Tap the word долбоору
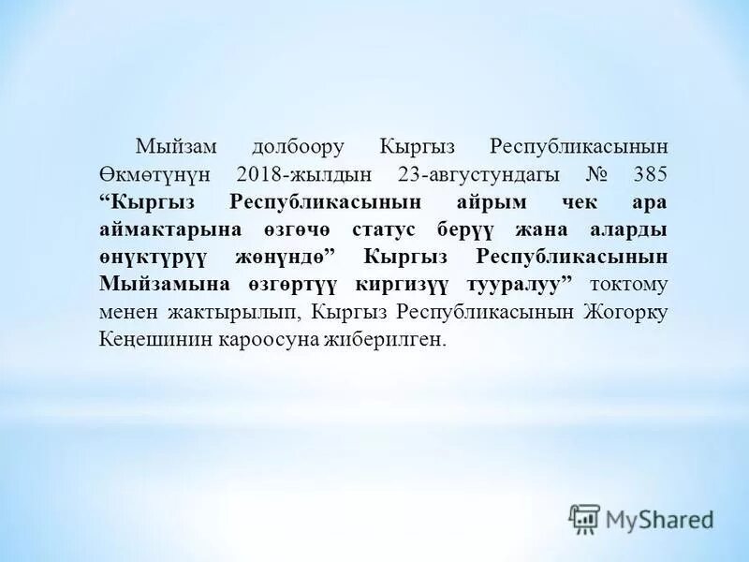click(x=298, y=147)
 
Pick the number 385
click(x=650, y=174)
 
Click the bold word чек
click(x=589, y=202)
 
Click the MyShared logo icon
click(x=584, y=518)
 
